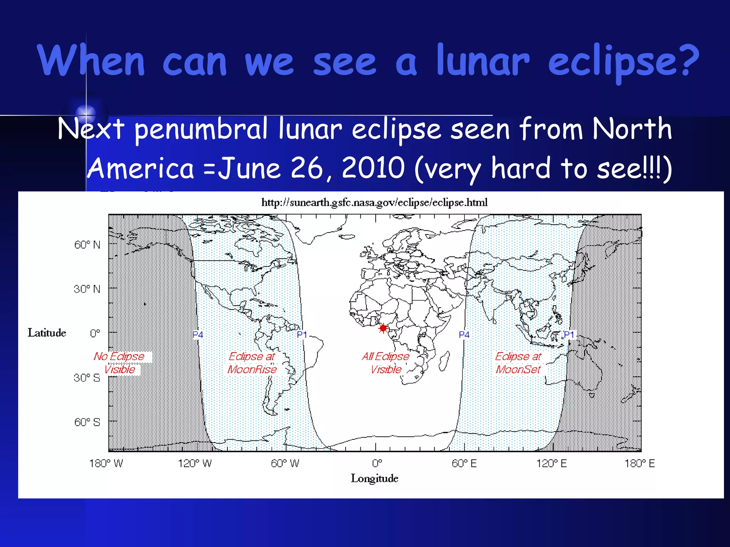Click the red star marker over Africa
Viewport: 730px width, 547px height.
[x=383, y=328]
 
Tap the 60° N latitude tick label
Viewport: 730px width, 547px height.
[x=87, y=245]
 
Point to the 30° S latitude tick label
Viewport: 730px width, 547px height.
[x=87, y=378]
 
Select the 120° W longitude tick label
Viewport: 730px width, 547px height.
[x=195, y=463]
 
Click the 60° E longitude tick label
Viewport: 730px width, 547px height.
[x=464, y=463]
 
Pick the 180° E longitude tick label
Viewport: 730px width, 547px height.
[x=639, y=463]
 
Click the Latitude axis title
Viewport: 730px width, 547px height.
[x=47, y=333]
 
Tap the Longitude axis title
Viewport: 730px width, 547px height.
[x=374, y=478]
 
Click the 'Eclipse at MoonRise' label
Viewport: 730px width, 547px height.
[x=252, y=363]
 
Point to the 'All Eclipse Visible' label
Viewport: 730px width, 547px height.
[x=386, y=363]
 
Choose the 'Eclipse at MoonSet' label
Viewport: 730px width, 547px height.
[x=518, y=363]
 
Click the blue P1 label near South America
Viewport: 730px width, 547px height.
[x=302, y=335]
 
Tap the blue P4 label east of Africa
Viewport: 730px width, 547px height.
[x=464, y=335]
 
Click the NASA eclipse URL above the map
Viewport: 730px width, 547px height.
[x=374, y=203]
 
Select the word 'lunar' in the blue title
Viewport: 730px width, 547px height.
[x=483, y=61]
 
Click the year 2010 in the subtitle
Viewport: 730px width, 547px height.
[x=373, y=168]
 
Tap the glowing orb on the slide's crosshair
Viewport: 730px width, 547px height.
[x=86, y=113]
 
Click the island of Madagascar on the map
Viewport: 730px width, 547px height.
[x=444, y=360]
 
